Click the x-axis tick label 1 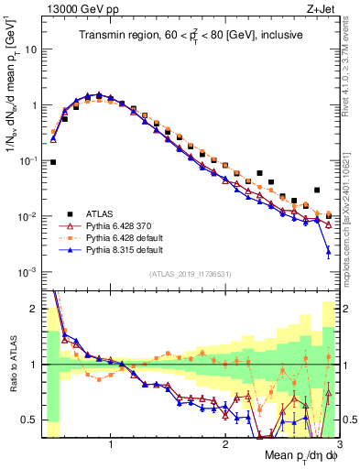[111, 446]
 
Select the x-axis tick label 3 [340, 446]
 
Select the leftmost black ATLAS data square [53, 162]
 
